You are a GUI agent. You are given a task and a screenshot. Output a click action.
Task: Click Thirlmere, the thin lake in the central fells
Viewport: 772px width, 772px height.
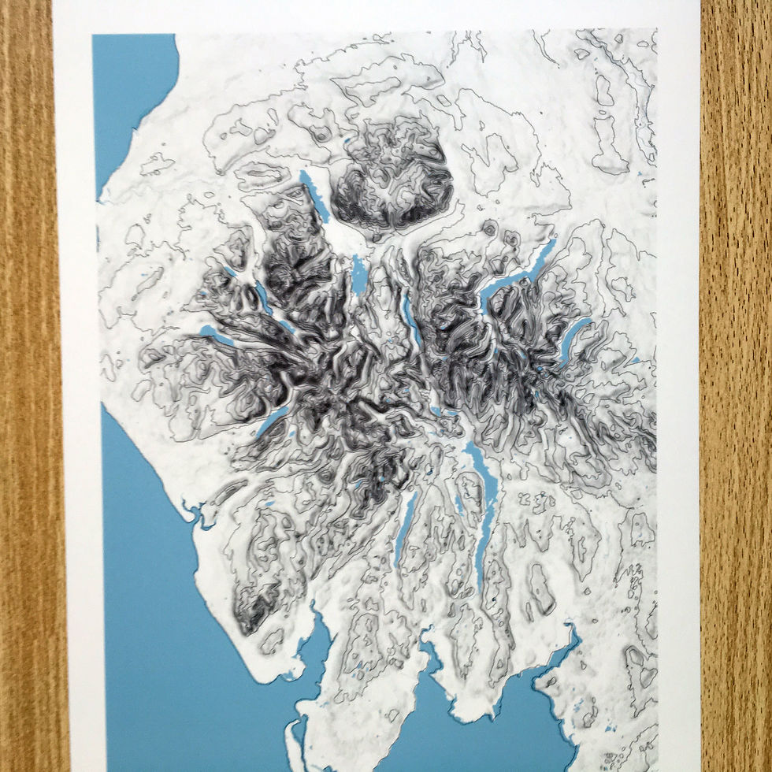coord(410,315)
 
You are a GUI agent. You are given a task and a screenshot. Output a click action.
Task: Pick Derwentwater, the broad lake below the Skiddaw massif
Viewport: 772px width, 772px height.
coord(359,276)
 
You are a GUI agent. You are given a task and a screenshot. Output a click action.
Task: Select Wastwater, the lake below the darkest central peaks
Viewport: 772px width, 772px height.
coord(272,421)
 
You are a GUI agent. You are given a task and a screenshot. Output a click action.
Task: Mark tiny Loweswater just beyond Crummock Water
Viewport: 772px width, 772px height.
coord(231,272)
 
